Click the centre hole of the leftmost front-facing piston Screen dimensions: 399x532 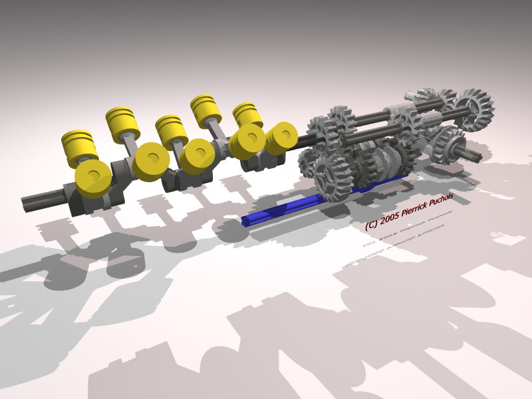[x=93, y=178]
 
